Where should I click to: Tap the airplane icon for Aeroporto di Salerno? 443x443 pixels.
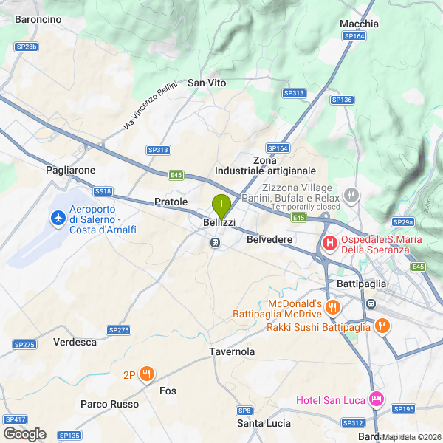pyautogui.click(x=57, y=218)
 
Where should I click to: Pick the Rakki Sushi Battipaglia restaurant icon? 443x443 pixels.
pyautogui.click(x=382, y=326)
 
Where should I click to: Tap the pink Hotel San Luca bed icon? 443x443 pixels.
pyautogui.click(x=377, y=399)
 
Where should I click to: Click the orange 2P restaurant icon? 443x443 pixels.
pyautogui.click(x=147, y=374)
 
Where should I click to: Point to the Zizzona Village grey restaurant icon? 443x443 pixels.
pyautogui.click(x=351, y=196)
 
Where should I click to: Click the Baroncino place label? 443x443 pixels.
pyautogui.click(x=38, y=20)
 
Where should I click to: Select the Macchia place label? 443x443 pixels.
pyautogui.click(x=359, y=24)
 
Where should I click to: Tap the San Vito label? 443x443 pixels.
pyautogui.click(x=207, y=83)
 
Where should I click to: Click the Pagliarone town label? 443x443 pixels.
pyautogui.click(x=70, y=170)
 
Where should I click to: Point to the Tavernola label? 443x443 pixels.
pyautogui.click(x=232, y=351)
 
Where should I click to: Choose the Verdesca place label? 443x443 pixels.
pyautogui.click(x=75, y=342)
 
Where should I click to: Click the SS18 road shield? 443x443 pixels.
pyautogui.click(x=103, y=191)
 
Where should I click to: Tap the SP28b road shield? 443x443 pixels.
pyautogui.click(x=26, y=47)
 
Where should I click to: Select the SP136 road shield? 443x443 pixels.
pyautogui.click(x=342, y=100)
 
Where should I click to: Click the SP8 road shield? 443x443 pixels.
pyautogui.click(x=244, y=410)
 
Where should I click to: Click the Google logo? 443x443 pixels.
pyautogui.click(x=24, y=433)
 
